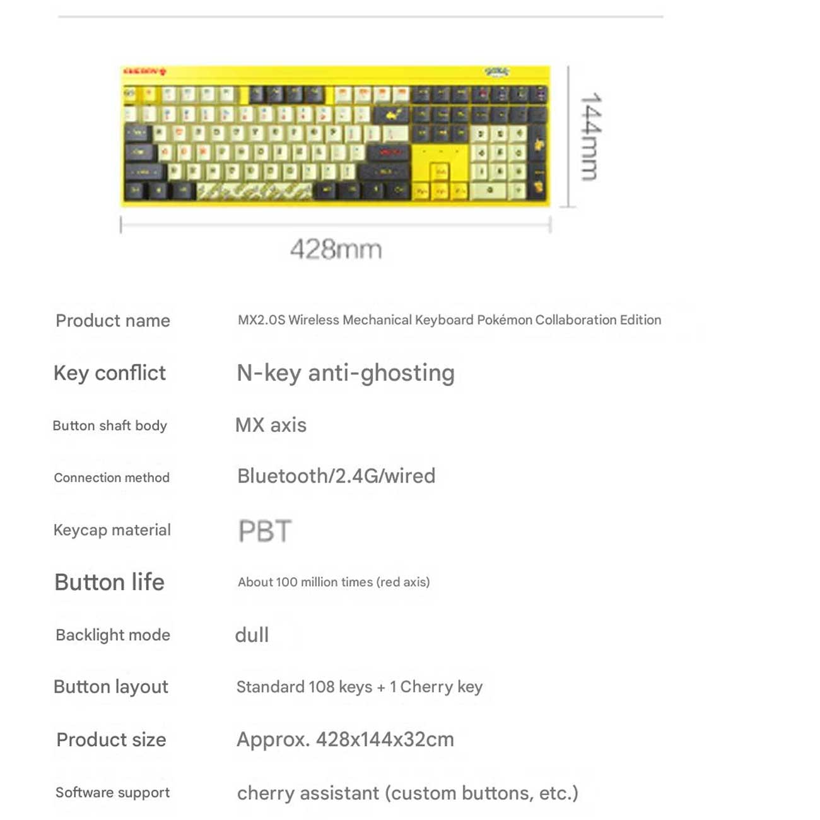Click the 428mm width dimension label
336,249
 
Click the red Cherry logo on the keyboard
144,71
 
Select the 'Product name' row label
113,320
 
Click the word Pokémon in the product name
505,320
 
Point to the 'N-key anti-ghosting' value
345,373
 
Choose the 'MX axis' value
271,425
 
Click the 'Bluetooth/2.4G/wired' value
336,476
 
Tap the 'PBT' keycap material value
265,531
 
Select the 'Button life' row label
109,582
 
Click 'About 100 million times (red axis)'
334,582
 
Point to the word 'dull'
252,635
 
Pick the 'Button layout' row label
111,686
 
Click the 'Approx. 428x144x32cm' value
345,739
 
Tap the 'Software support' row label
112,792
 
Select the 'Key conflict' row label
110,373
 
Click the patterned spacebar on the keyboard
255,191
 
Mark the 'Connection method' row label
112,477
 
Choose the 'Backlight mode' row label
113,635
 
